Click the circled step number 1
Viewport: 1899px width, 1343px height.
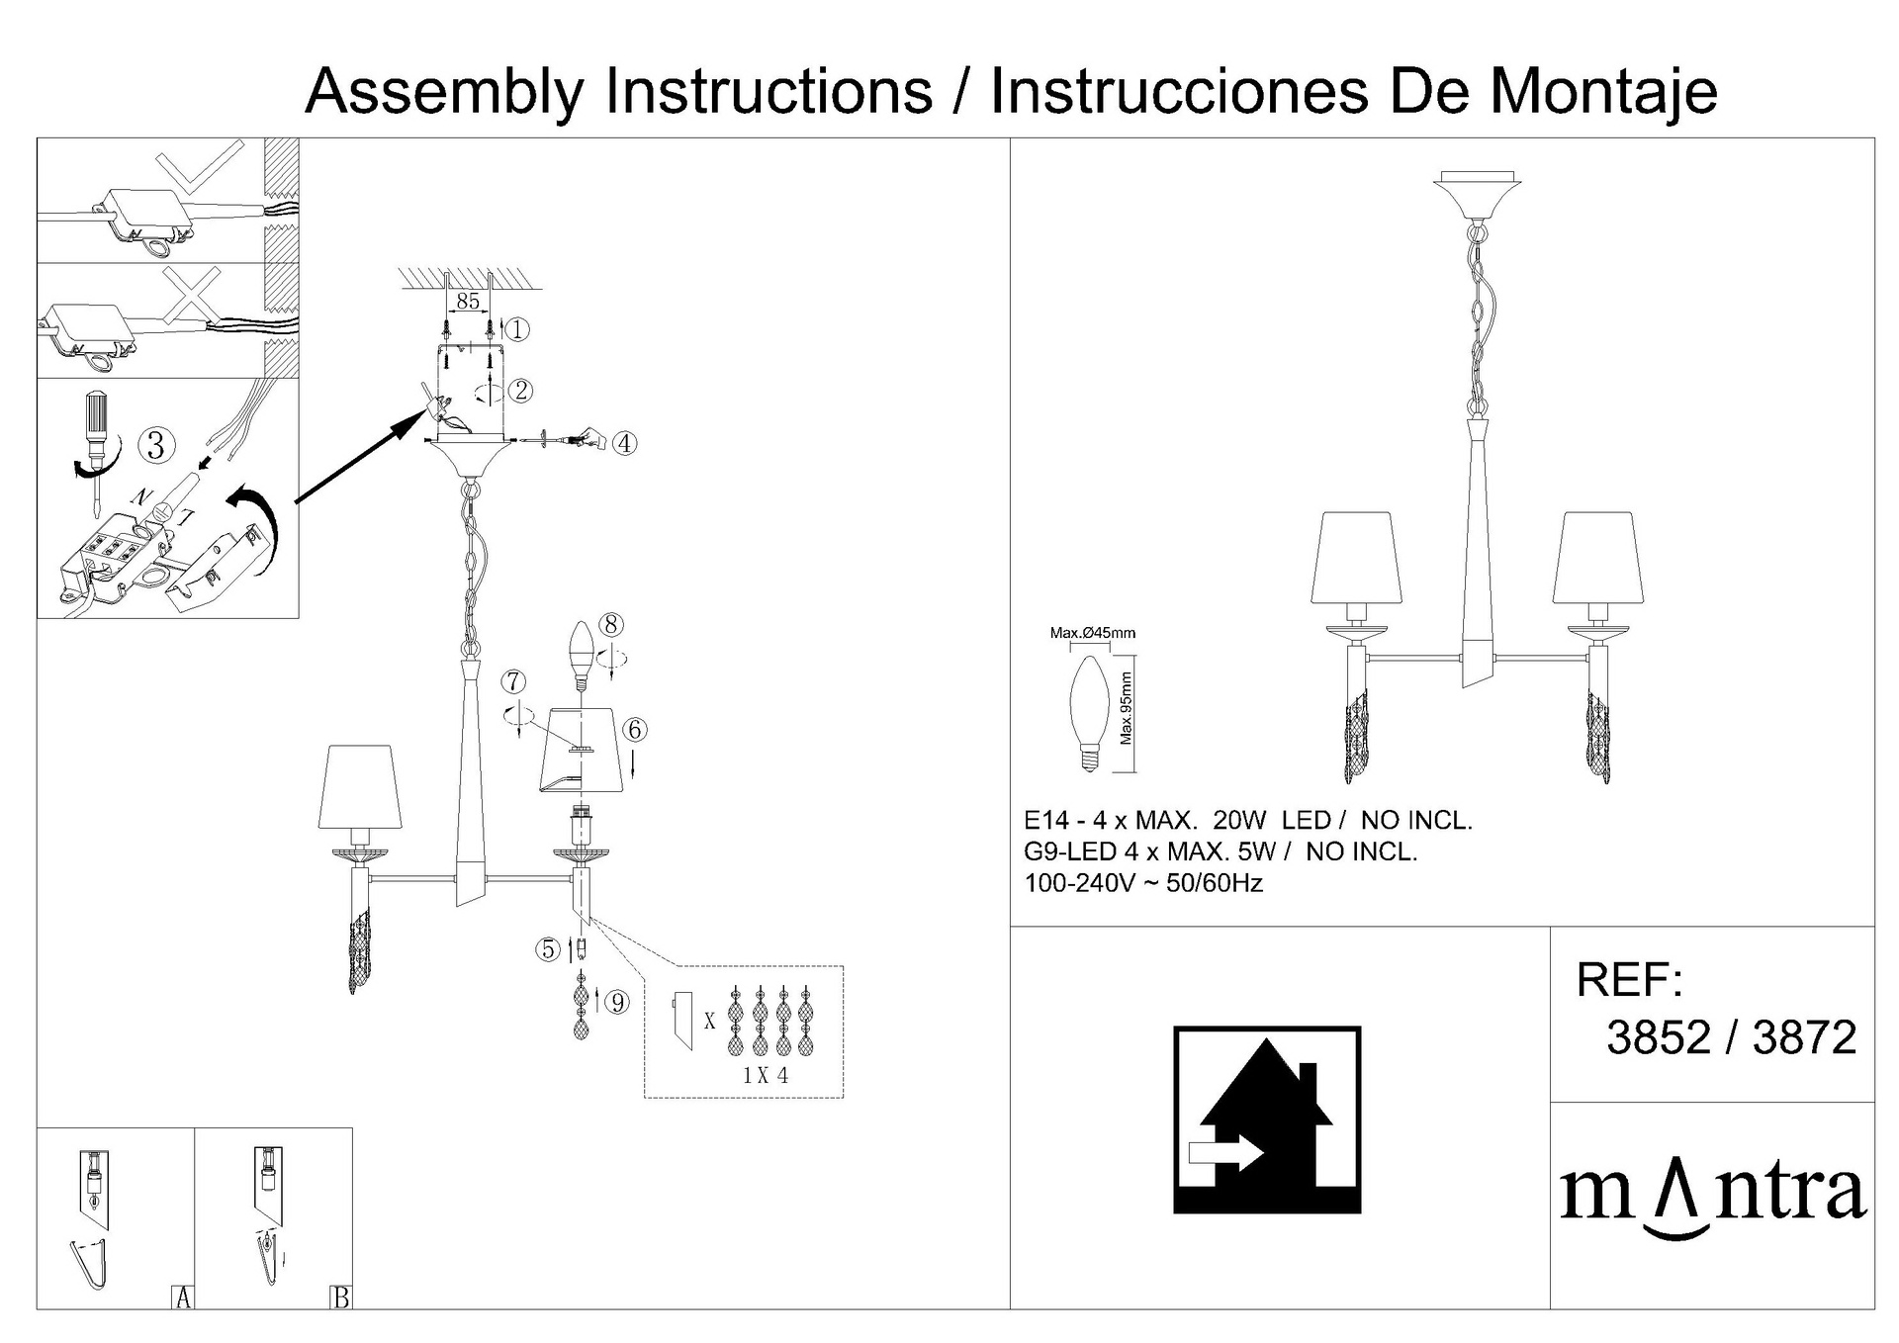pos(517,329)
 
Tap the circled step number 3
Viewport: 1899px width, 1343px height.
pos(155,445)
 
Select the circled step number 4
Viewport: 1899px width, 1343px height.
pos(624,443)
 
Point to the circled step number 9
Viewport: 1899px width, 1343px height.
pos(617,1003)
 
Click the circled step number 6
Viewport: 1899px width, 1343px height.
pos(635,730)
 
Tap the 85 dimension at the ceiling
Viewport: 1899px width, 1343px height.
pos(468,301)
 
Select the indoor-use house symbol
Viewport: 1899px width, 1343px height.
pos(1267,1119)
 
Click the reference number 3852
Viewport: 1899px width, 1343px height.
pos(1659,1037)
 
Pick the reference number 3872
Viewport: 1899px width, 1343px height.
pos(1804,1037)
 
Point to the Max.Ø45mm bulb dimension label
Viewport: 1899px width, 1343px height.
pos(1093,633)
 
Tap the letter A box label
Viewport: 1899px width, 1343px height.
pos(183,1298)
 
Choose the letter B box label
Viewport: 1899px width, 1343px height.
pos(341,1298)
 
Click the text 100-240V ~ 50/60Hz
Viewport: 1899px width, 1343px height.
pos(1143,883)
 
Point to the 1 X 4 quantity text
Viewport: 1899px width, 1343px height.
pos(766,1075)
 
